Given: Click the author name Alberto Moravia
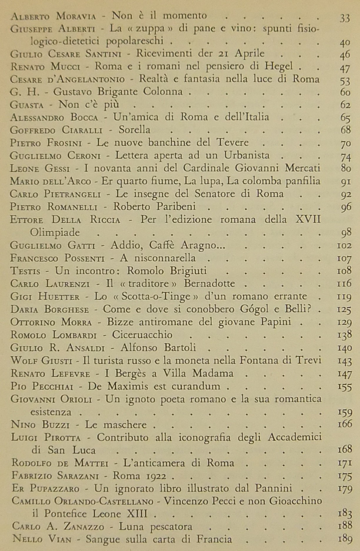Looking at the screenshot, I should coord(53,16).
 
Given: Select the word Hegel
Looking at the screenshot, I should coord(278,66).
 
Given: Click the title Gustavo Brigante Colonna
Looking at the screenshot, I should coord(118,92).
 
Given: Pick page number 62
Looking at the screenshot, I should coord(345,105).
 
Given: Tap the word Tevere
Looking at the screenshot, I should coord(232,142).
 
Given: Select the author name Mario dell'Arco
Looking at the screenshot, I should coord(50,181).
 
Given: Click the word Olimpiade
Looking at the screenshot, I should coord(55,232).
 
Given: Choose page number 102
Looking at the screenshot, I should coord(344,245).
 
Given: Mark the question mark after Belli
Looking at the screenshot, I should coord(310,309).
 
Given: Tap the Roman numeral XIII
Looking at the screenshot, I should coord(137,514).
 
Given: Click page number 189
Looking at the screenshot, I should coord(345,539).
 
